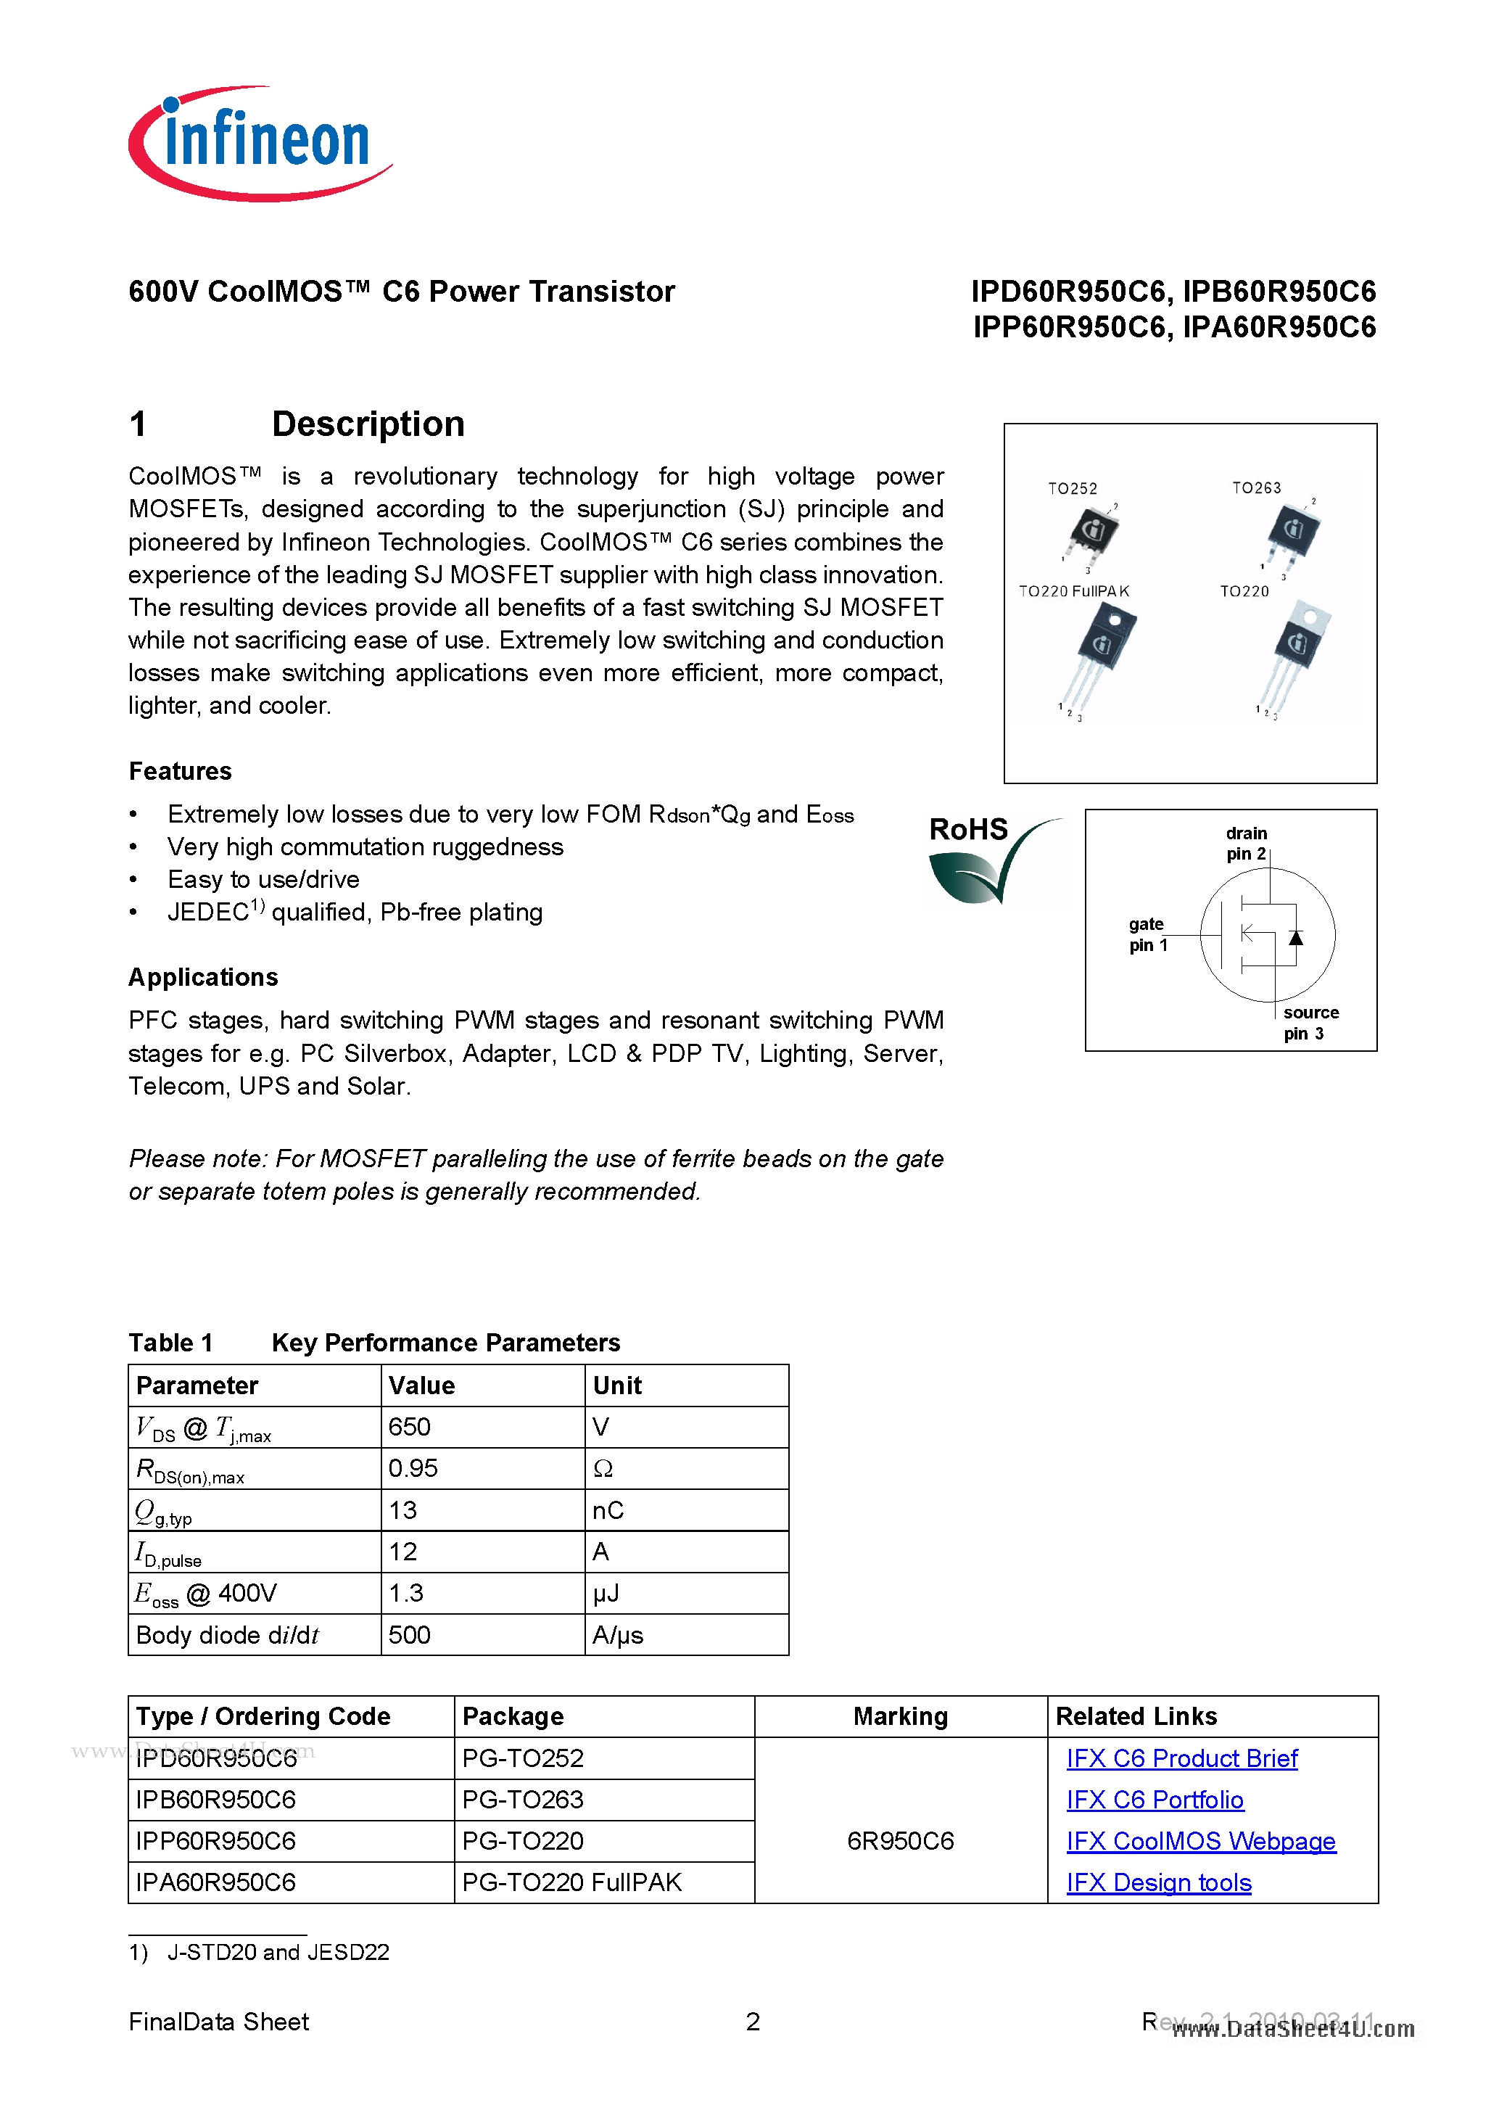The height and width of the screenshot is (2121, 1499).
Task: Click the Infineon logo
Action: (260, 143)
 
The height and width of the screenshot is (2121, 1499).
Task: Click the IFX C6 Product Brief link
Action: (1181, 1758)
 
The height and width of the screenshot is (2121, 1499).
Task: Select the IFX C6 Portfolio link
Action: (1155, 1800)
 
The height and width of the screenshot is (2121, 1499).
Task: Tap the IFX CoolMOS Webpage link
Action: (1201, 1841)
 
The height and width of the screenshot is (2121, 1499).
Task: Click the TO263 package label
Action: (1256, 487)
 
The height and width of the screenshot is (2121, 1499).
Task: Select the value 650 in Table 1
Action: (410, 1428)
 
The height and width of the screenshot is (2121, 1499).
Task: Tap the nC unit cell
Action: (608, 1510)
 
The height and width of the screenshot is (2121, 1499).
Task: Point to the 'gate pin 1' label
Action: (1147, 934)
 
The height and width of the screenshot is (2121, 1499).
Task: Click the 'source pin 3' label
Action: (1310, 1023)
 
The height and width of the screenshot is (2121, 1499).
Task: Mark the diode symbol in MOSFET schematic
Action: (1296, 938)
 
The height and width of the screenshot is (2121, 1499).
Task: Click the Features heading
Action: (180, 771)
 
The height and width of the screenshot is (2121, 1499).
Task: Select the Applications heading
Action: (203, 977)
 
